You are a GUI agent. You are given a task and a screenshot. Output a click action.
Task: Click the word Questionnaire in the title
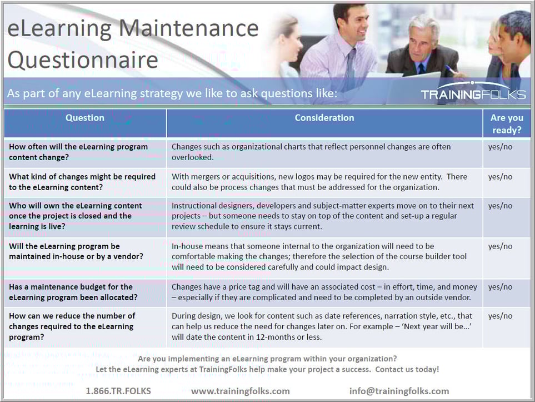click(x=83, y=59)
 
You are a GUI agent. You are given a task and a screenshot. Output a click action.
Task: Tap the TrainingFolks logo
click(x=473, y=94)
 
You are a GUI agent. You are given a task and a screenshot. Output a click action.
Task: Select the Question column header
click(x=85, y=118)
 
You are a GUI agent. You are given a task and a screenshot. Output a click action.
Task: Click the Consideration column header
click(x=324, y=118)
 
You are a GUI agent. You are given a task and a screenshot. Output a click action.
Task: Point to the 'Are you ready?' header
click(x=506, y=124)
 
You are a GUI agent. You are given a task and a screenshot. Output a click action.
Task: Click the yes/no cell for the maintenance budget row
click(x=500, y=287)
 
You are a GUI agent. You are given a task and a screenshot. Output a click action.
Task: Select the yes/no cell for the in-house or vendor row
click(x=500, y=246)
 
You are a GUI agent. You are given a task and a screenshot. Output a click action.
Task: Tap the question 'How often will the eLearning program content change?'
click(x=78, y=152)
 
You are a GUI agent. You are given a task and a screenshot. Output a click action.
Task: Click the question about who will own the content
click(x=76, y=216)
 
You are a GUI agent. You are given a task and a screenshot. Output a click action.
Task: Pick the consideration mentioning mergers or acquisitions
click(x=319, y=181)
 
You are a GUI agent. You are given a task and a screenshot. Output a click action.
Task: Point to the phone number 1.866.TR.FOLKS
click(x=118, y=391)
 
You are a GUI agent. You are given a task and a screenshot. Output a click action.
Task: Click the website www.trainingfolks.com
click(x=241, y=391)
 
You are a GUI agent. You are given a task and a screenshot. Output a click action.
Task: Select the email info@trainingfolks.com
click(x=399, y=391)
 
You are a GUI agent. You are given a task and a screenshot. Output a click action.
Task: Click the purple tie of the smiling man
click(x=351, y=69)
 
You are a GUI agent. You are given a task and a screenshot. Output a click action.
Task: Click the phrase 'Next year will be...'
click(x=430, y=327)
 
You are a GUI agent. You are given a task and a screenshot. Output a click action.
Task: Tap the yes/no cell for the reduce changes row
click(x=500, y=316)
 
